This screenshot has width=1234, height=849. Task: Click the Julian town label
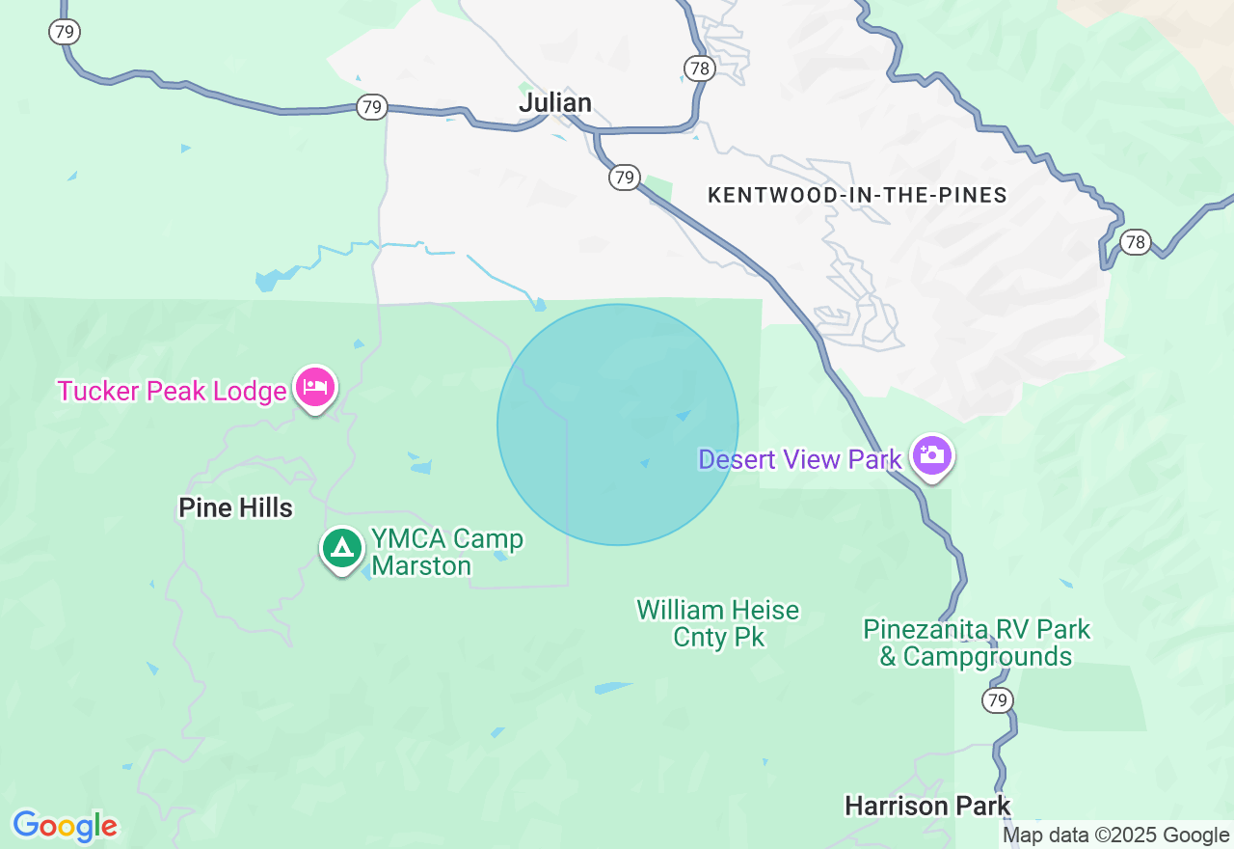[x=555, y=102]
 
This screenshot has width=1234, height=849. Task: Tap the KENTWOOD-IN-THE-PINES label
[x=857, y=196]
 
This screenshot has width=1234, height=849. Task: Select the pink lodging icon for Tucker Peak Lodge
[x=315, y=388]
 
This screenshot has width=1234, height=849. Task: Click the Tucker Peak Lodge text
[x=172, y=391]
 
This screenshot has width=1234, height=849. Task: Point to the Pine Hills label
[x=235, y=508]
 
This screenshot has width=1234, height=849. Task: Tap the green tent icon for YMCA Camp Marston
[x=341, y=548]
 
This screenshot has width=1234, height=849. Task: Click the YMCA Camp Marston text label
[x=447, y=552]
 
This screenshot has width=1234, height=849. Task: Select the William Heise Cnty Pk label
[x=717, y=623]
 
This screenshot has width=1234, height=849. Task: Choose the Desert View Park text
[x=799, y=459]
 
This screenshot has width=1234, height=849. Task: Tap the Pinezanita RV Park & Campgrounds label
[x=977, y=644]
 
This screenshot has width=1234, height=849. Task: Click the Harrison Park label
[x=927, y=806]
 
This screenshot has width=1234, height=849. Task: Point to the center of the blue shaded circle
[x=618, y=424]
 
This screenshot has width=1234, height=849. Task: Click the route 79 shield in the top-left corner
[x=65, y=32]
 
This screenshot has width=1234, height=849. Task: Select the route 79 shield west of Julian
[x=372, y=107]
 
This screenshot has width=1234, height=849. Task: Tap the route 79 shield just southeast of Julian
[x=625, y=178]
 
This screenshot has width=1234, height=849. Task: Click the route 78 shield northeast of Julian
[x=700, y=68]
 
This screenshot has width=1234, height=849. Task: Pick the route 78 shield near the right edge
[x=1136, y=241]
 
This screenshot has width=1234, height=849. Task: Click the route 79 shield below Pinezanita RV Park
[x=998, y=699]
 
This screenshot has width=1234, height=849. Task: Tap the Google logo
[x=65, y=826]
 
